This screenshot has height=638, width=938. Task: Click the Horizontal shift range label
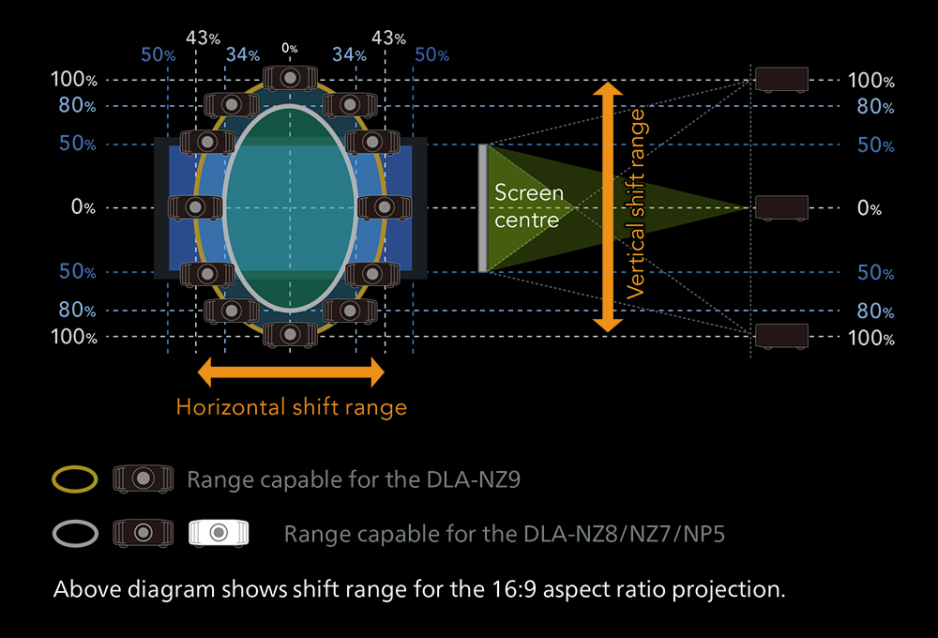(291, 407)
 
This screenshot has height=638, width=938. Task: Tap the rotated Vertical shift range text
(637, 204)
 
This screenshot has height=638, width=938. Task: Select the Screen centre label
(528, 206)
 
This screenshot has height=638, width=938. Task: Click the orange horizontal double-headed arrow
(291, 372)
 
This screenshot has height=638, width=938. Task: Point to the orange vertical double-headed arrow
(609, 207)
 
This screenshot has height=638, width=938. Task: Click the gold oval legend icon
(75, 479)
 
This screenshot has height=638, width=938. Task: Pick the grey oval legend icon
(75, 534)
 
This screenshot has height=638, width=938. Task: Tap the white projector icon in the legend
(217, 533)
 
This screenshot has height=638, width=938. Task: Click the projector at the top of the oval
(290, 78)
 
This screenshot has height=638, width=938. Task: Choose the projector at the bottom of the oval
(290, 334)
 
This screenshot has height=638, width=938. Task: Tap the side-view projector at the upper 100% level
(781, 80)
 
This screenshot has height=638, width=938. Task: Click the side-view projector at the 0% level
(781, 207)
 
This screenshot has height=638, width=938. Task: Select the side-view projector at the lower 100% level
(781, 336)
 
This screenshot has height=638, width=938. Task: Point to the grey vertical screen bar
(482, 207)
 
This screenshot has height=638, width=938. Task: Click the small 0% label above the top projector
(289, 48)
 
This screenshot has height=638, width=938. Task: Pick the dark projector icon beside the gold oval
(138, 479)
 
